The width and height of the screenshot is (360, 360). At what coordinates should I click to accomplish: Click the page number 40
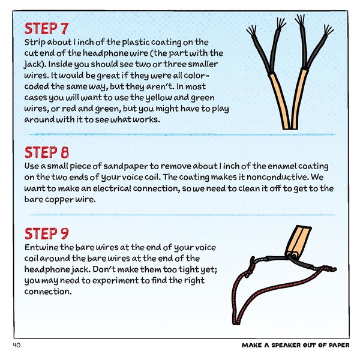(17, 345)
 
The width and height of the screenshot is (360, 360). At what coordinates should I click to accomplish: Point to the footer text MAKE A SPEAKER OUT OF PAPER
(294, 346)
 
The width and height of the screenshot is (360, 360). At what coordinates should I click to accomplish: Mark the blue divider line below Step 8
(180, 214)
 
